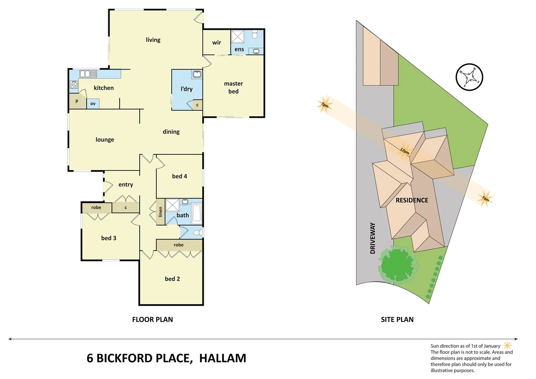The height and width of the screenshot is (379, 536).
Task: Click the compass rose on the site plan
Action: pyautogui.click(x=469, y=77)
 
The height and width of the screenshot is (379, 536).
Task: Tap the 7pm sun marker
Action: pyautogui.click(x=324, y=104)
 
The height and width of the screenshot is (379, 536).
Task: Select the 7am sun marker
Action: pyautogui.click(x=485, y=199)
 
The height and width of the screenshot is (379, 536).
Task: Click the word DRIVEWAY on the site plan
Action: pyautogui.click(x=373, y=238)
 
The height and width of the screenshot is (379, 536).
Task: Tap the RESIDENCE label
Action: pyautogui.click(x=412, y=200)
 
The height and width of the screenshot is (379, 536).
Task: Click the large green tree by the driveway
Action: pyautogui.click(x=397, y=264)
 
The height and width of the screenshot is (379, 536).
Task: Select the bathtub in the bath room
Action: pyautogui.click(x=196, y=212)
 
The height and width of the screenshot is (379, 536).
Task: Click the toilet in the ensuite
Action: pyautogui.click(x=255, y=34)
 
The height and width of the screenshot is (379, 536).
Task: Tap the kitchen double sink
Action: pyautogui.click(x=88, y=74)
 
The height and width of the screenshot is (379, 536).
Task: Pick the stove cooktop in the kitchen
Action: pyautogui.click(x=74, y=85)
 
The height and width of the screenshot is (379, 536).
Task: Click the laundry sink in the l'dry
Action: pyautogui.click(x=197, y=74)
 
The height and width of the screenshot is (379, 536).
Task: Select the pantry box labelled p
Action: pyautogui.click(x=77, y=101)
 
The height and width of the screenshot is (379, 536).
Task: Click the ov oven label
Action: pyautogui.click(x=93, y=104)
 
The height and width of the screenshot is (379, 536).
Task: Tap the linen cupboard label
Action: pyautogui.click(x=160, y=212)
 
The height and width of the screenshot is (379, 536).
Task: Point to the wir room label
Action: pyautogui.click(x=216, y=42)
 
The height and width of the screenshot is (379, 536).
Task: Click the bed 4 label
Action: pyautogui.click(x=179, y=176)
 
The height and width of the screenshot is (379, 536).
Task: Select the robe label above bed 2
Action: pyautogui.click(x=179, y=245)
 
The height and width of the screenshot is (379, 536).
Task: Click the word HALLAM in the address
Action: pyautogui.click(x=222, y=358)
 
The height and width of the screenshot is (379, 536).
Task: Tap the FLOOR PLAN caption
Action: pyautogui.click(x=152, y=319)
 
